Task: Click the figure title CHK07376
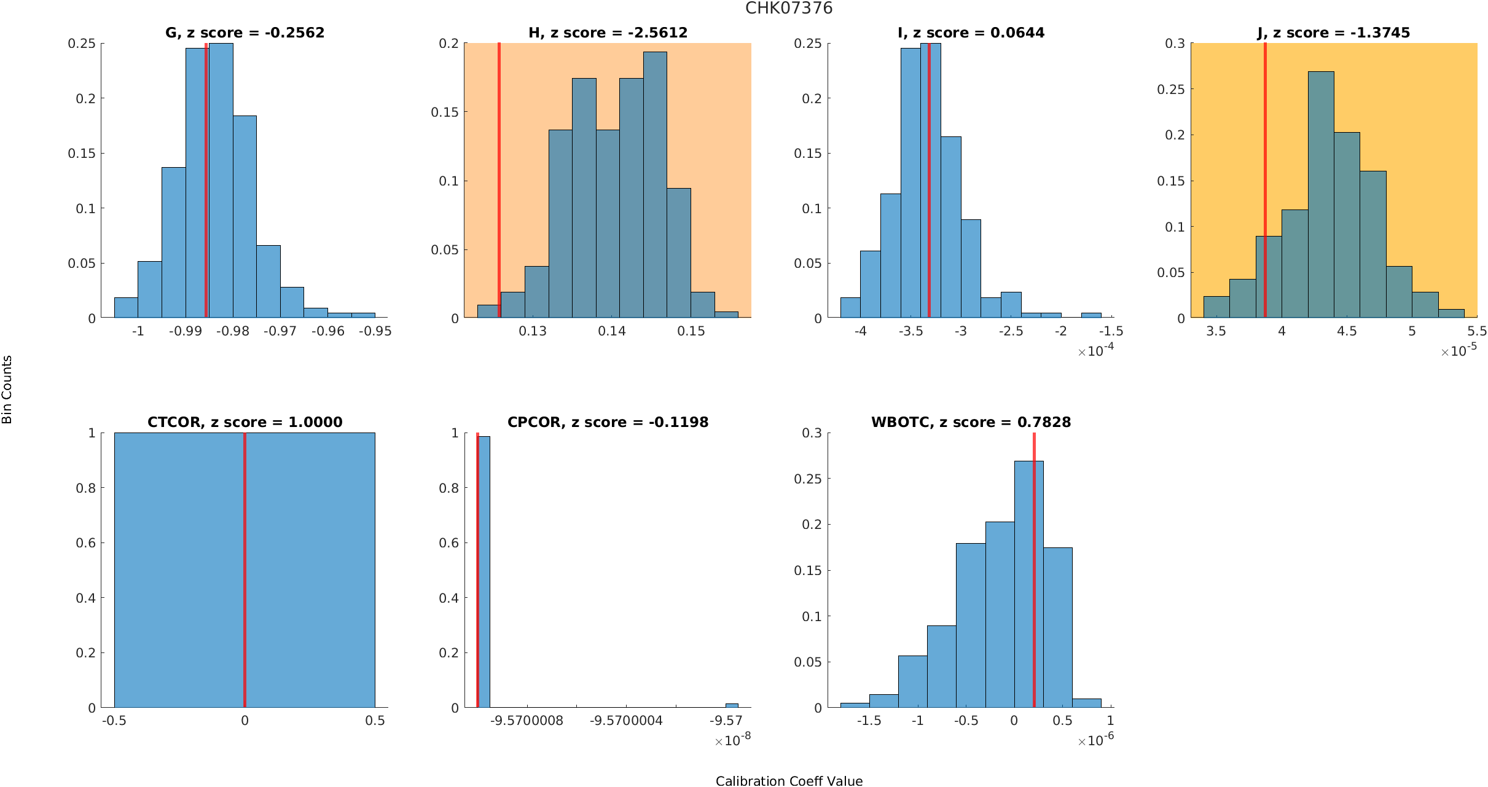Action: [789, 9]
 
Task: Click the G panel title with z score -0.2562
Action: [245, 33]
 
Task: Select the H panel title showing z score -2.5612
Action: [608, 33]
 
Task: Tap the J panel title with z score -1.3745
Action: [1333, 33]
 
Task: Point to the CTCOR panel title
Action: [245, 422]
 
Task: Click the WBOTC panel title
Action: [971, 422]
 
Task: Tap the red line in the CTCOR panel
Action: [245, 553]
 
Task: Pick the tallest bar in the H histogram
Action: [655, 184]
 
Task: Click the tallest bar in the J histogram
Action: [1321, 197]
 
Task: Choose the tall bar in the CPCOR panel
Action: [484, 571]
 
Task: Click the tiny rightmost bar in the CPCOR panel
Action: [732, 705]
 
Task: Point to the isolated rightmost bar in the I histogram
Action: [1091, 315]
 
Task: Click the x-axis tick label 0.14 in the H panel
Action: [612, 331]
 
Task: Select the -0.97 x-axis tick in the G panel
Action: [280, 331]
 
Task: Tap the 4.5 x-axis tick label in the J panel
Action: [1347, 331]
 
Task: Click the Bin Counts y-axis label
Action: [7, 390]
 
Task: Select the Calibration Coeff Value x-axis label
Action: [789, 780]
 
